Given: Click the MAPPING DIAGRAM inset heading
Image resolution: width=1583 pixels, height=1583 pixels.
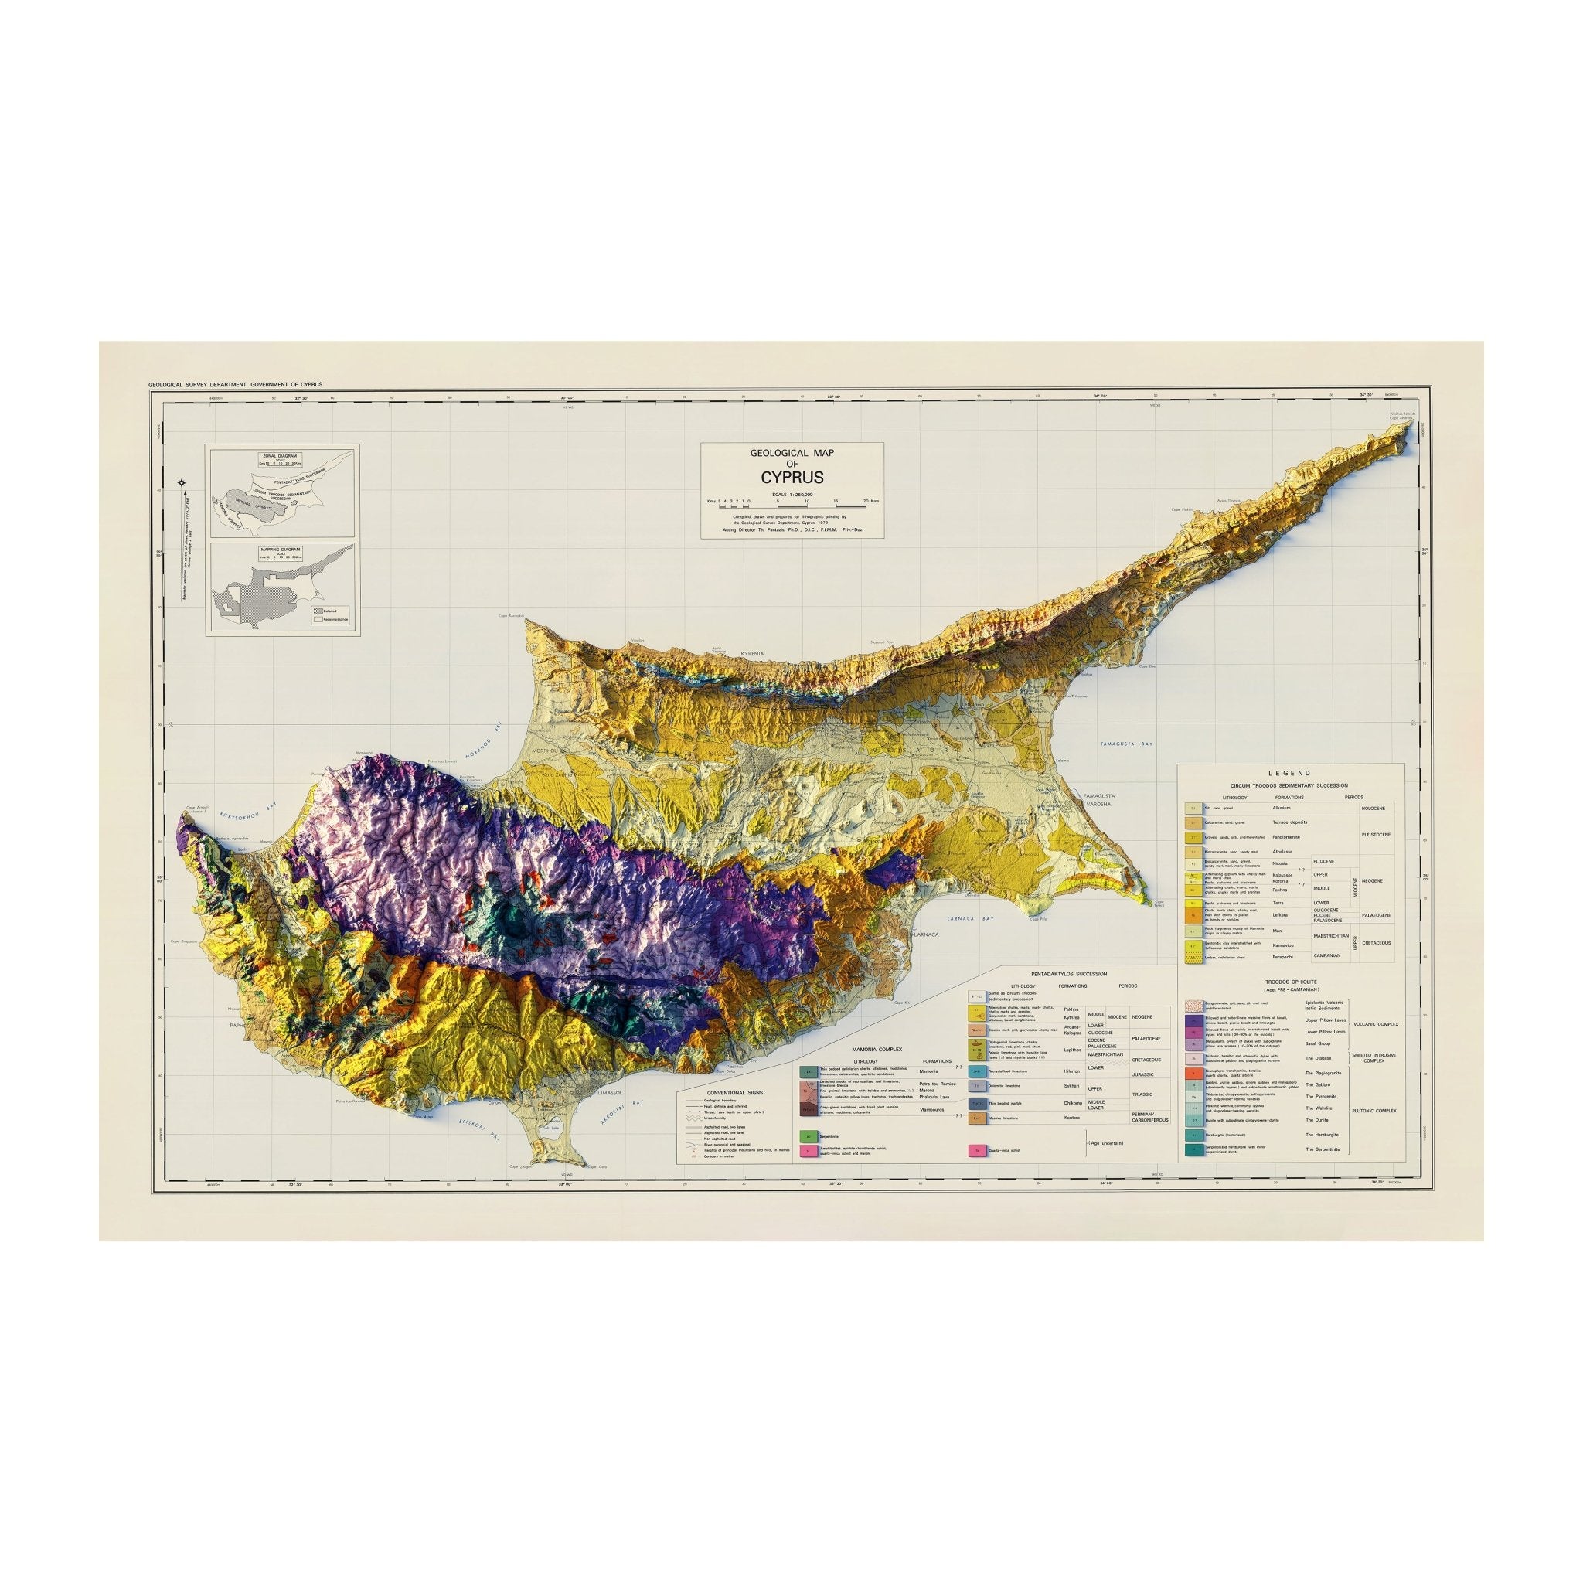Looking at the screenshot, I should pos(278,550).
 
